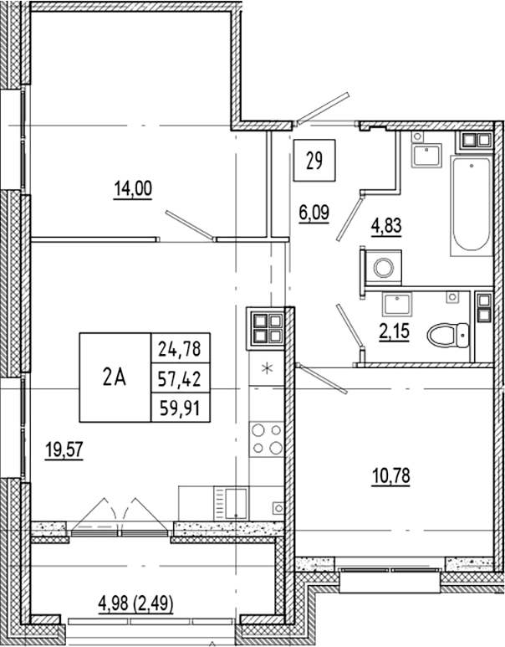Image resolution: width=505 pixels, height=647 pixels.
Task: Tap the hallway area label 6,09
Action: coord(314,213)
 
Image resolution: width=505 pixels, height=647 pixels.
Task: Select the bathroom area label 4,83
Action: coord(386,223)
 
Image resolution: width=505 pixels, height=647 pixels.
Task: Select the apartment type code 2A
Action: coord(115,377)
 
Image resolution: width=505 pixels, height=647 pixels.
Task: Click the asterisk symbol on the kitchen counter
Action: coord(268,369)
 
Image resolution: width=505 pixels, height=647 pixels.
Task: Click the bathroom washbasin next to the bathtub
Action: coord(429,153)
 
